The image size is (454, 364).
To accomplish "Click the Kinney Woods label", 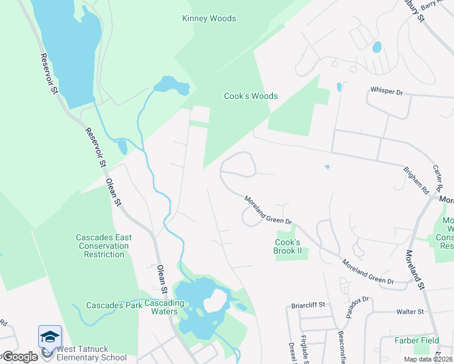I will (x=209, y=19).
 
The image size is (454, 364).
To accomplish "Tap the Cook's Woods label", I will (x=251, y=96).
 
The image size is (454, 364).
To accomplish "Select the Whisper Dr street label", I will (x=387, y=91).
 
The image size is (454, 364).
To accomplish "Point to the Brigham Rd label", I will (x=416, y=178).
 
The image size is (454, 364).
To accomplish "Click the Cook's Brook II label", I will (x=288, y=246).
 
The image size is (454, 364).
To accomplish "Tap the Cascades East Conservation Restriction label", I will (x=102, y=246).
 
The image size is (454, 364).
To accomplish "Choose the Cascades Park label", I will (x=114, y=305).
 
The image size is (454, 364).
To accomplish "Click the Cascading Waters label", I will (x=160, y=307).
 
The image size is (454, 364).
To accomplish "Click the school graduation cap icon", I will (x=50, y=336).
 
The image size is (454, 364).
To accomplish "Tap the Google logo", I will (x=19, y=356).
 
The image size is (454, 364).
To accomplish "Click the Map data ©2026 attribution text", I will (x=427, y=359).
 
